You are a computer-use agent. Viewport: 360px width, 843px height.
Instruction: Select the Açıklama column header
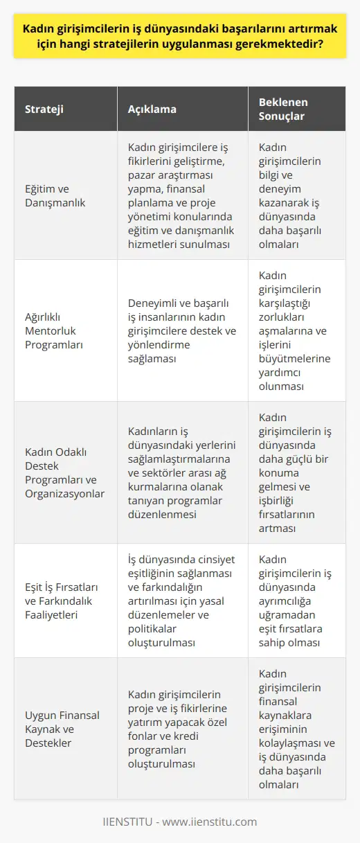152,109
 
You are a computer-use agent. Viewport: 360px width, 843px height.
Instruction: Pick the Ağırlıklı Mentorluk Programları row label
57,330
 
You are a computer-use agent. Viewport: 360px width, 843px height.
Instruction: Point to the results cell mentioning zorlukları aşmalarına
296,330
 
